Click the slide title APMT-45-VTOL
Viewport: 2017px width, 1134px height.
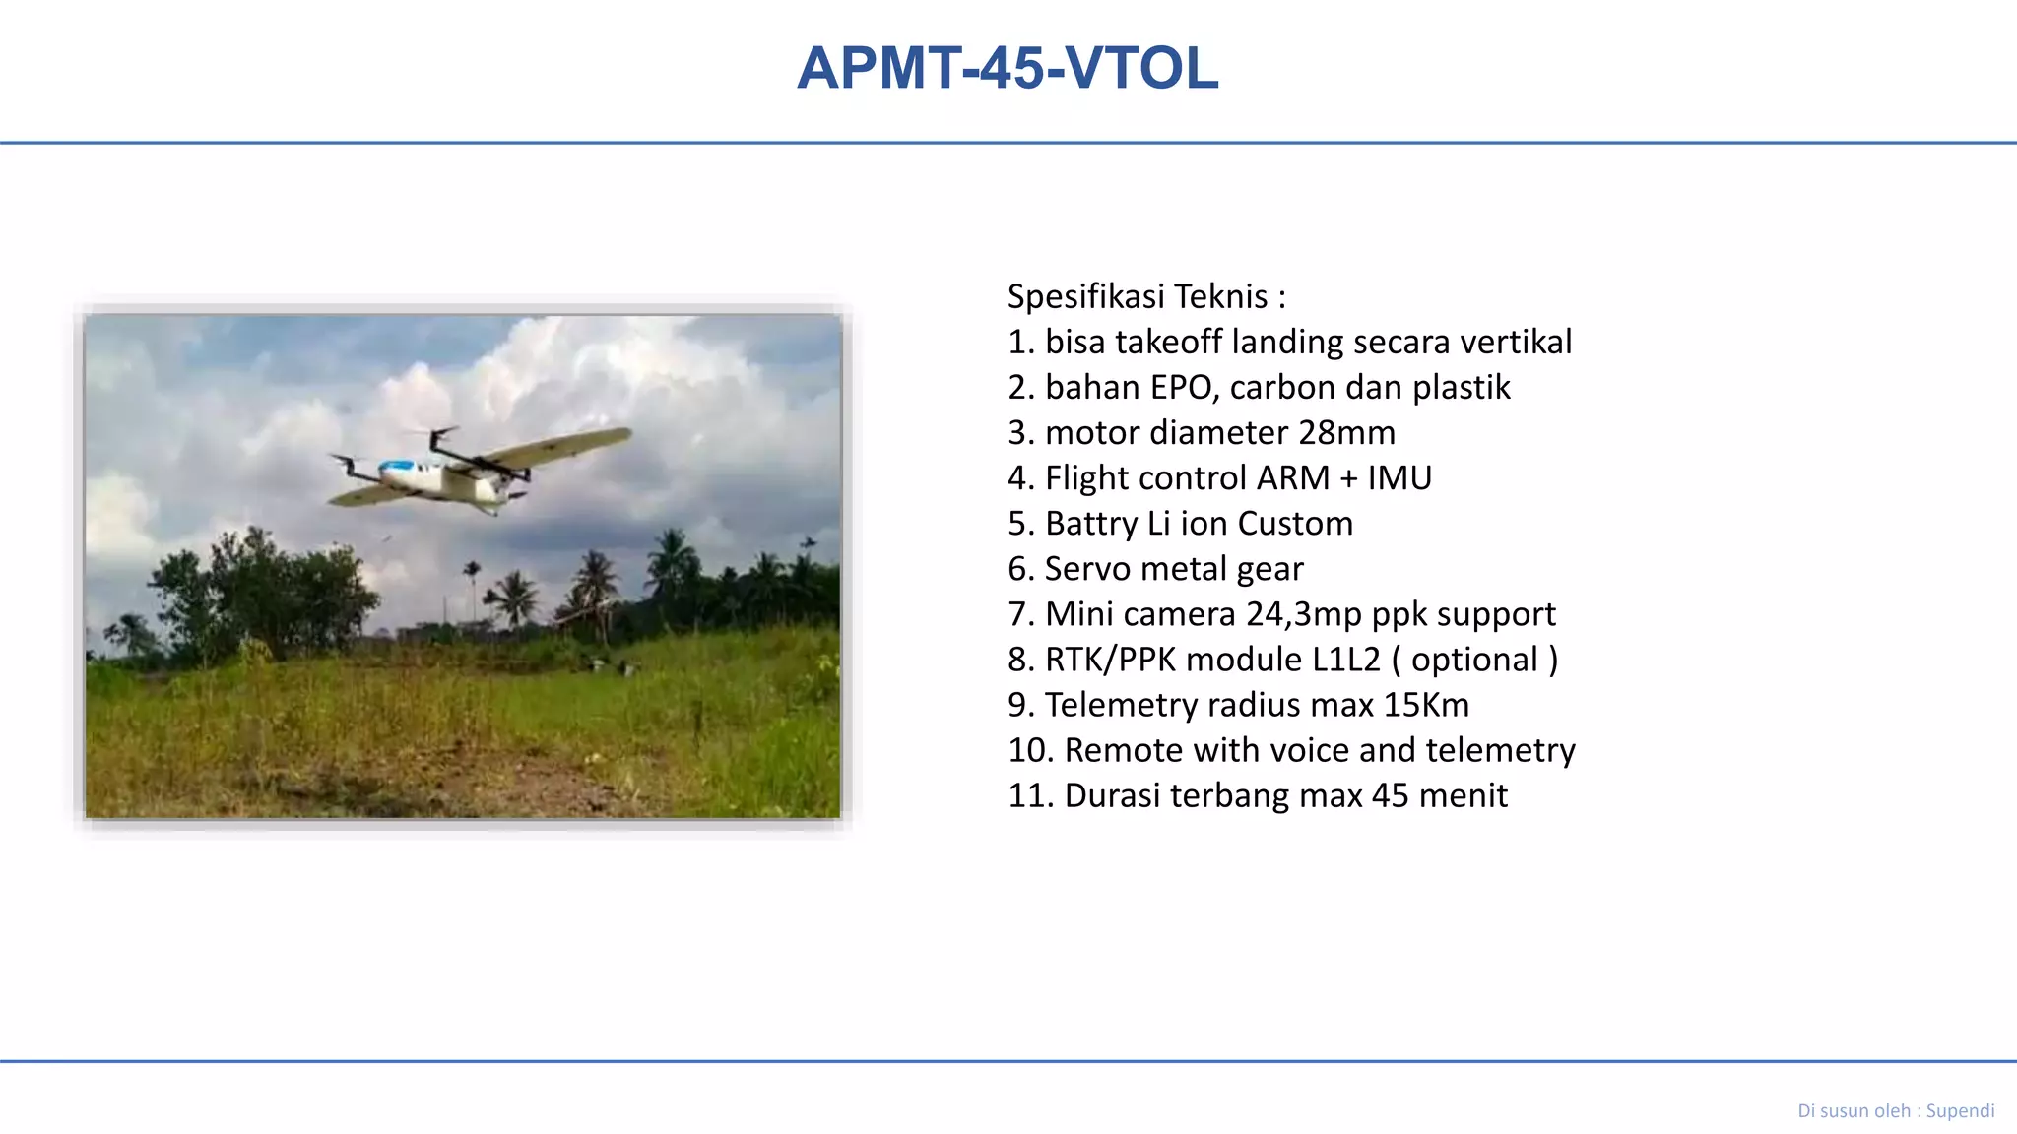tap(1008, 68)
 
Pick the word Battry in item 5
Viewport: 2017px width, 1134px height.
tap(1091, 523)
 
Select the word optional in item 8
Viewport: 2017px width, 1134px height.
tap(1474, 659)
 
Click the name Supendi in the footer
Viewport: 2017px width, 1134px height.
tap(1960, 1110)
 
